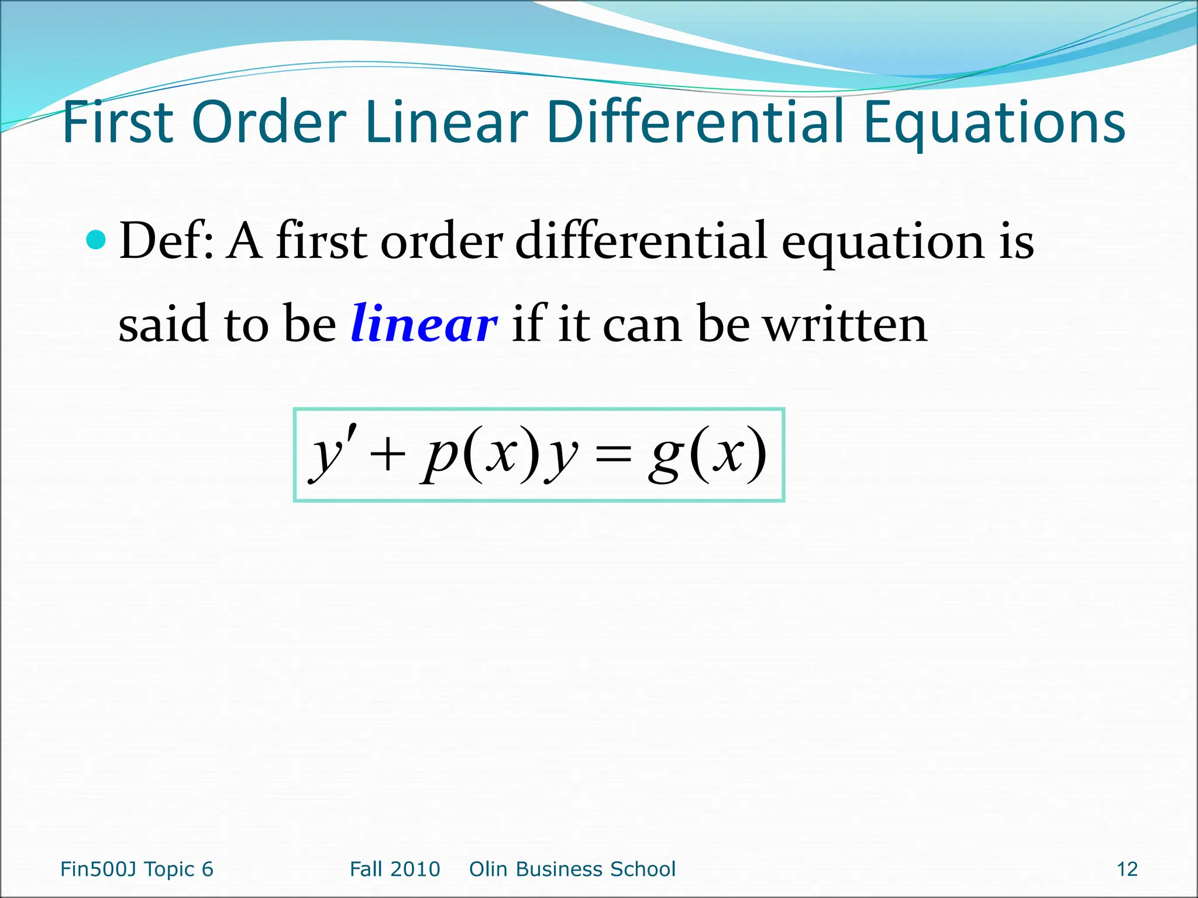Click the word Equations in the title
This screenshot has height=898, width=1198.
pos(994,124)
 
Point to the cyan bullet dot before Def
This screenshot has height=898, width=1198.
pos(95,239)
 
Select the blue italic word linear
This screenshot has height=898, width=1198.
pos(424,324)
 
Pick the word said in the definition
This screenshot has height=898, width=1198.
pos(163,324)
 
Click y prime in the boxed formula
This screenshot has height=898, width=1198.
pos(331,455)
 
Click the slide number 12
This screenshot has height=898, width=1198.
pos(1127,869)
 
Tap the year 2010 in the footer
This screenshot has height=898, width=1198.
pos(417,869)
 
